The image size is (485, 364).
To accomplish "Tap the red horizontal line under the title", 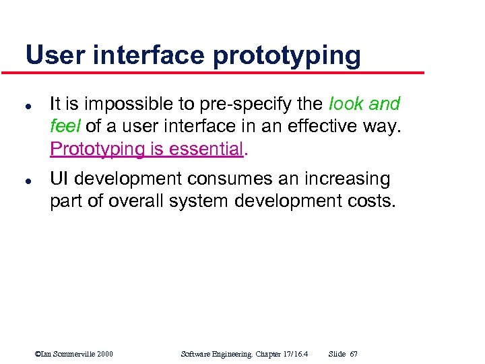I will point(222,72).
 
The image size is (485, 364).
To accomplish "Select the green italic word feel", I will point(63,126).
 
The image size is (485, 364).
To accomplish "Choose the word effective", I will point(296,126).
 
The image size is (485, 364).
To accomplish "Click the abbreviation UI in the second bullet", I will point(59,179).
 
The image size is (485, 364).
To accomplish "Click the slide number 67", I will point(354,354).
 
